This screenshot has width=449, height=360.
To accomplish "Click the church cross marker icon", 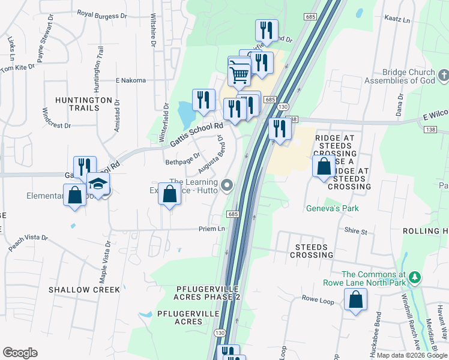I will point(444,76).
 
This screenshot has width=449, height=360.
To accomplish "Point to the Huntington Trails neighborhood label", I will point(84,104).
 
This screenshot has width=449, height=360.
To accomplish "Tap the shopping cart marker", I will point(240,74).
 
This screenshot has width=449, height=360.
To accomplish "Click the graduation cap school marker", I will point(98,184).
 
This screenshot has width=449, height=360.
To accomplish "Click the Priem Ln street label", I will point(212,229).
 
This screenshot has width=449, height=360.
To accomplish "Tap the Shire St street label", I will point(355,231).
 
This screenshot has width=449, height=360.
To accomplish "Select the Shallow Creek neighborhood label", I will point(84,289).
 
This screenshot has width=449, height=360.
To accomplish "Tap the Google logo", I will point(20,353).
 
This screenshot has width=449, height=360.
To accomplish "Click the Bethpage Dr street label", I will point(182,161).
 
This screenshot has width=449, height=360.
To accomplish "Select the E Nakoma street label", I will point(130,80).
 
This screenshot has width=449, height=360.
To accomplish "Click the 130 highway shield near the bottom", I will point(220,333).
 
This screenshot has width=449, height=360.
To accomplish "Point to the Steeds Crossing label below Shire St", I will point(312,251).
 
